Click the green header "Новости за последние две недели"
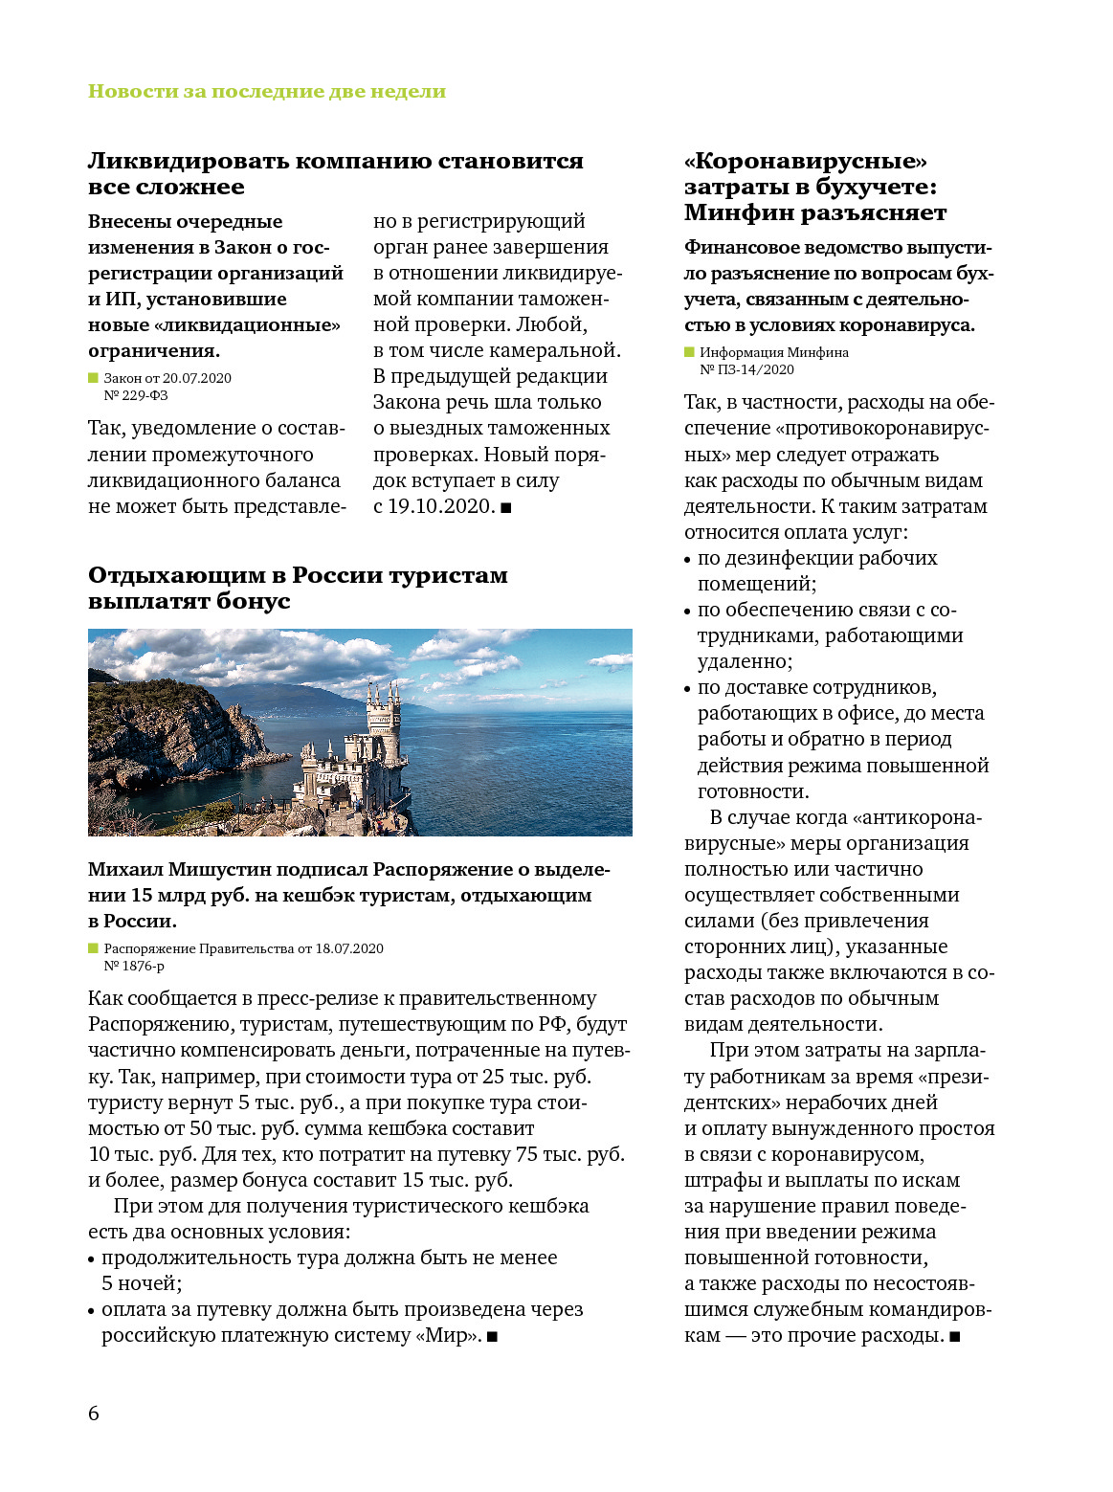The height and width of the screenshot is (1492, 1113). [266, 92]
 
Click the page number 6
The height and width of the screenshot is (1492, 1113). [93, 1414]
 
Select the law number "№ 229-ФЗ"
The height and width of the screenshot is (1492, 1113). [136, 395]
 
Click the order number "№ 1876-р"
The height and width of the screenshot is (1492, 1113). [134, 966]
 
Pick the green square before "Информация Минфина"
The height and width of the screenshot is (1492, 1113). [689, 352]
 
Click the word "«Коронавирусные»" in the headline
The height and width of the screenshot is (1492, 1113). [806, 161]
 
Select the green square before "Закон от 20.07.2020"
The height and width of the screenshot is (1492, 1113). [93, 378]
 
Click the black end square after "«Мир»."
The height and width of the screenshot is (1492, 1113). [492, 1337]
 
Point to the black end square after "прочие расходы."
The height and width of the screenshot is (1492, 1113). [954, 1337]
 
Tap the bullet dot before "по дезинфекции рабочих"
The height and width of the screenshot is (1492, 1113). [687, 560]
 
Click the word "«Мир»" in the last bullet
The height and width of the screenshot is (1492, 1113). [448, 1336]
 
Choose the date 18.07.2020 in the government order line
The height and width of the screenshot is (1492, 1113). [349, 948]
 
